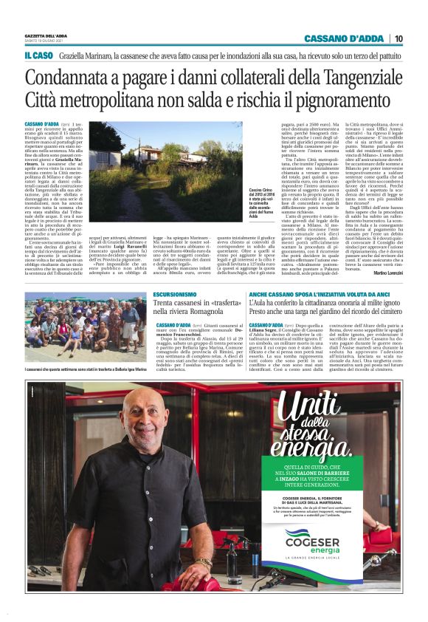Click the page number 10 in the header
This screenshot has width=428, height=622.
[x=398, y=38]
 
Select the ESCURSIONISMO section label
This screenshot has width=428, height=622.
[x=175, y=294]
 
